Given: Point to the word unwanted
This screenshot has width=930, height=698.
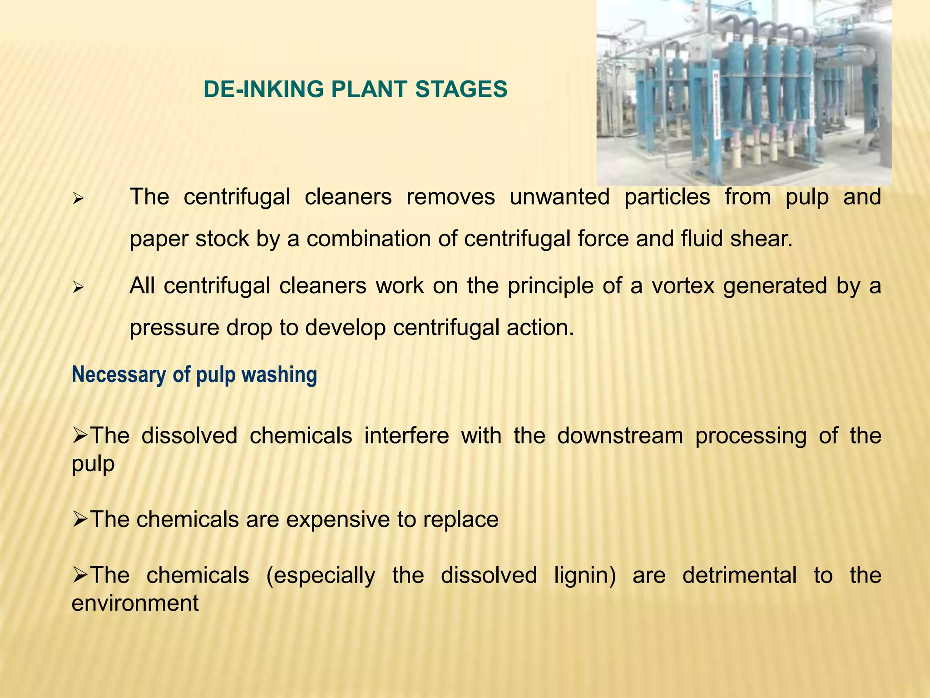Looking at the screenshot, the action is pyautogui.click(x=559, y=197).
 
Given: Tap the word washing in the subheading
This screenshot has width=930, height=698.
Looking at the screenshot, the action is pyautogui.click(x=279, y=375).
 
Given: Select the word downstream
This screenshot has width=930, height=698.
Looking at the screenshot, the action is pyautogui.click(x=620, y=436).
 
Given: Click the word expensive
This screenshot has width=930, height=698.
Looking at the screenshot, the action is pyautogui.click(x=337, y=519).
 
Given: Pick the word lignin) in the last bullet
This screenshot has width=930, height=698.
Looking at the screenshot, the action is pyautogui.click(x=585, y=575).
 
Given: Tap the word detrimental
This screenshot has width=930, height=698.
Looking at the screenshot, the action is pyautogui.click(x=739, y=575).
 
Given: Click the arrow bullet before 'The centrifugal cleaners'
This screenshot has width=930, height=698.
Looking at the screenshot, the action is pyautogui.click(x=78, y=199).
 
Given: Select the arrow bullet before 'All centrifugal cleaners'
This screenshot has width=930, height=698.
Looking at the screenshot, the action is pyautogui.click(x=78, y=288).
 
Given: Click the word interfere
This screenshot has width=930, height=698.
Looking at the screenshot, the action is pyautogui.click(x=406, y=436).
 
